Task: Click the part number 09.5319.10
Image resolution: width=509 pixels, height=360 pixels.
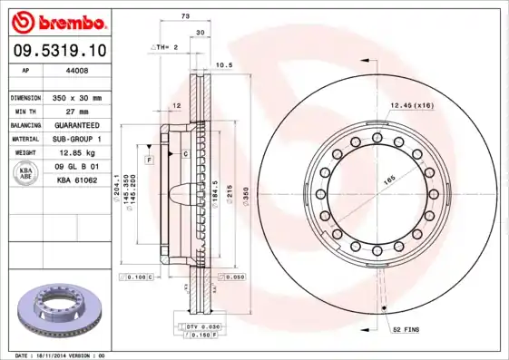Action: [56, 49]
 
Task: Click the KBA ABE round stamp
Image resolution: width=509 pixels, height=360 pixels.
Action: [26, 173]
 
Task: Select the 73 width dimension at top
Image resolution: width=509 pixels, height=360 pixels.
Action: [185, 16]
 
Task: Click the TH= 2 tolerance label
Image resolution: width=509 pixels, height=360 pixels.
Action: [165, 45]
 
